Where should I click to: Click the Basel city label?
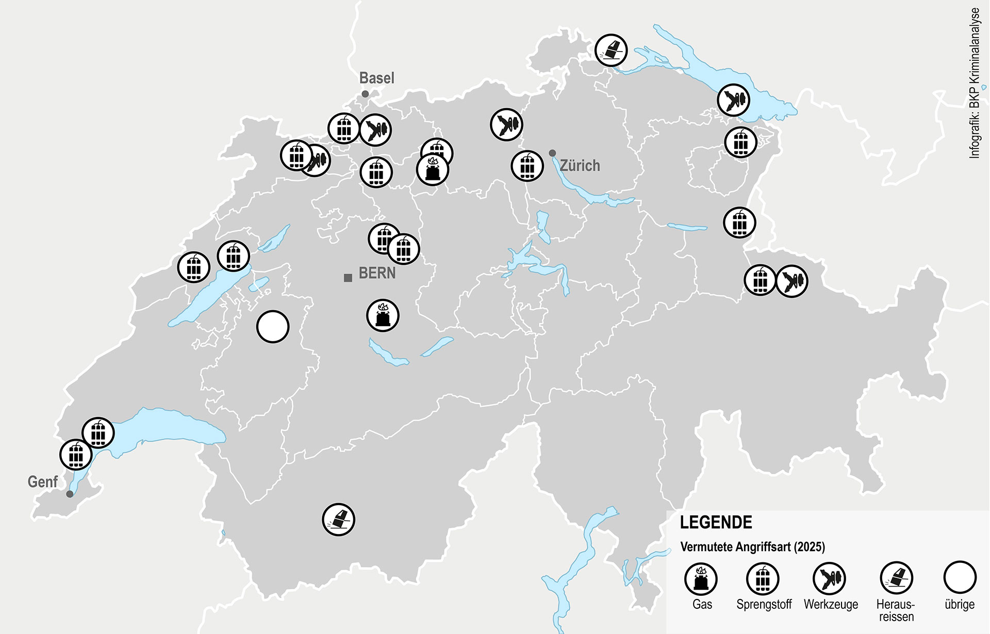tap(376, 78)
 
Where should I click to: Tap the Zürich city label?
tap(580, 165)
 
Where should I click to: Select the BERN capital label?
tap(377, 273)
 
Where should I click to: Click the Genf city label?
tap(42, 482)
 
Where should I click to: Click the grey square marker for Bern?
tap(348, 278)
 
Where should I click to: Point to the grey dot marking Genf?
tap(70, 494)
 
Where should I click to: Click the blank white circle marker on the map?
tap(273, 327)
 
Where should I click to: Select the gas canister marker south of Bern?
tap(383, 315)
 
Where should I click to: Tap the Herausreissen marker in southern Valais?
tap(339, 520)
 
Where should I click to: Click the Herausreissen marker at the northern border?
tap(611, 51)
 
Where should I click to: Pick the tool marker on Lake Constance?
tap(734, 99)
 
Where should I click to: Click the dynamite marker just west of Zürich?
tap(527, 166)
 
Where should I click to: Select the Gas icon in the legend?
tap(701, 579)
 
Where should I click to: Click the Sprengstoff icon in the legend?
tap(763, 579)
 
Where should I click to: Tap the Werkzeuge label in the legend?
tap(831, 604)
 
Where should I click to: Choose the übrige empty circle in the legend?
tap(960, 578)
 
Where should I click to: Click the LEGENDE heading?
tap(716, 522)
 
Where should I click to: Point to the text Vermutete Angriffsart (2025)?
tap(752, 547)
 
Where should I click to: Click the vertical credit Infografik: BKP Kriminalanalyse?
tap(974, 82)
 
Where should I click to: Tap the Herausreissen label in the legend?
tap(896, 610)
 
